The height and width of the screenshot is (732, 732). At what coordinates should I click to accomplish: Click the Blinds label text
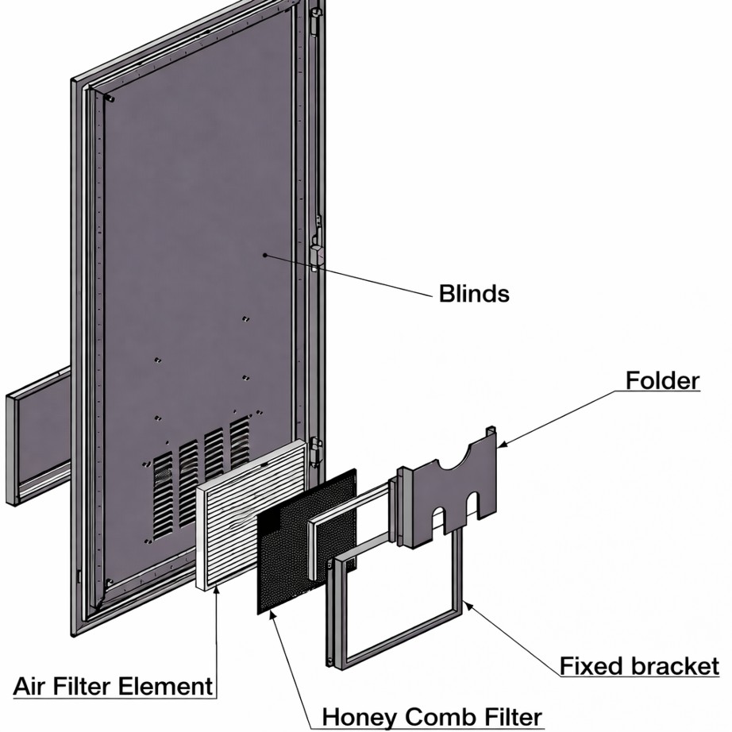point(474,294)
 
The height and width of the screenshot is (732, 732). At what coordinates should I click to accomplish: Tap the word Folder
point(662,380)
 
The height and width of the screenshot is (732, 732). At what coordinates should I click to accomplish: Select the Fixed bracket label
point(640,666)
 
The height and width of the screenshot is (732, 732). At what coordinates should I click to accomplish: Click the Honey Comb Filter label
point(432,717)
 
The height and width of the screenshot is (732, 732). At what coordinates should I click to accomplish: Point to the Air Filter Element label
point(113,686)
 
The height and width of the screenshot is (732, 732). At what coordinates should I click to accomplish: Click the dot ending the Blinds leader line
point(264,255)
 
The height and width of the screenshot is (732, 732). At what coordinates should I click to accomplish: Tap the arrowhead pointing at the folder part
point(503,445)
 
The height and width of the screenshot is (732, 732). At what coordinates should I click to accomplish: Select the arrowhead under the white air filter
point(216,592)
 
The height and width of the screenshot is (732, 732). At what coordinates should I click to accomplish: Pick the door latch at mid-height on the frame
point(317,254)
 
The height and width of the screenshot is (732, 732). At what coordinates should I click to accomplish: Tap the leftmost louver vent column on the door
point(163,495)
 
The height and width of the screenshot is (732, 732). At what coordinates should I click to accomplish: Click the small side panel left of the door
point(38,436)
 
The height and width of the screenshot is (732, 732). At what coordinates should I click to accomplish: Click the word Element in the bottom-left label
point(165,686)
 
